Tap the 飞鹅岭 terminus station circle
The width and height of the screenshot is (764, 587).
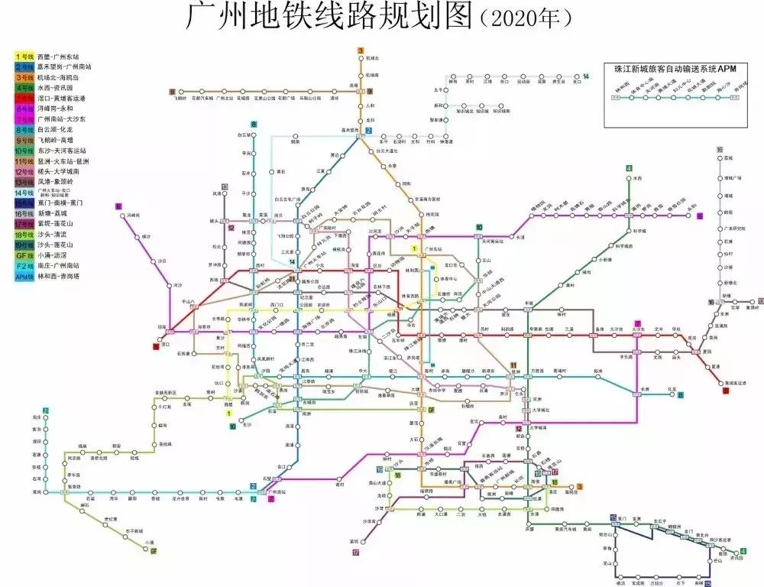pos(181,92)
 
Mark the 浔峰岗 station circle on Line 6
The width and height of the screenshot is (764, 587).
pos(122,216)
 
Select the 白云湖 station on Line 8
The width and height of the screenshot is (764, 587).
pos(253,135)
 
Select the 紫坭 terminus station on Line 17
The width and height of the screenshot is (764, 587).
pos(355,541)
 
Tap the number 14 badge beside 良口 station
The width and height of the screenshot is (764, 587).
pos(586,76)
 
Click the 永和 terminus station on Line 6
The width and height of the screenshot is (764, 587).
pos(692,216)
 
